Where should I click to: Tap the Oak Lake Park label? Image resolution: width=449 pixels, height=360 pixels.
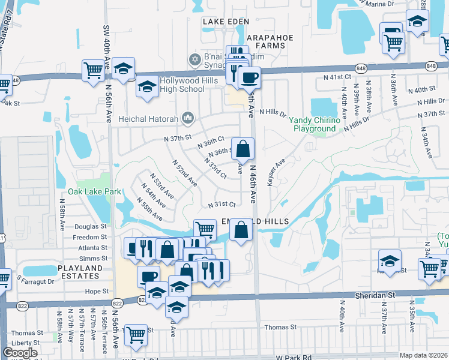coord(95,191)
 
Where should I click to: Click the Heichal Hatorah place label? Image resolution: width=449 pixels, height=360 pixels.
coord(150,117)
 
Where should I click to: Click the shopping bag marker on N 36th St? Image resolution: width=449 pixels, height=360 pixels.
coord(243,148)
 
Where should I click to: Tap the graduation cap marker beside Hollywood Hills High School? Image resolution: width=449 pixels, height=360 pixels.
coord(146,86)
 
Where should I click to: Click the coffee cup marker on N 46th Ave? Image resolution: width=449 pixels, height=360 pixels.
coord(249,77)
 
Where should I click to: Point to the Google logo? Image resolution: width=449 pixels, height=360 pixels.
coord(19,353)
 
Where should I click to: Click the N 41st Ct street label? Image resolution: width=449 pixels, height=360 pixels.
coord(336,77)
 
